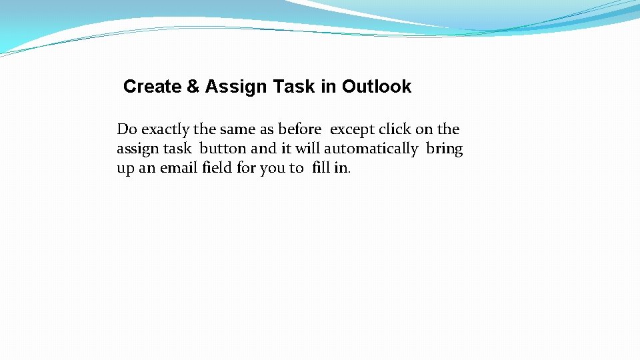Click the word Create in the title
[x=152, y=87]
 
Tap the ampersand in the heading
[x=193, y=87]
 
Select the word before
[x=299, y=129]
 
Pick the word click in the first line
[x=395, y=129]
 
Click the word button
[x=223, y=149]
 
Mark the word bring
[x=444, y=149]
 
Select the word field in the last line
[x=218, y=168]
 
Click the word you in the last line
[x=272, y=168]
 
